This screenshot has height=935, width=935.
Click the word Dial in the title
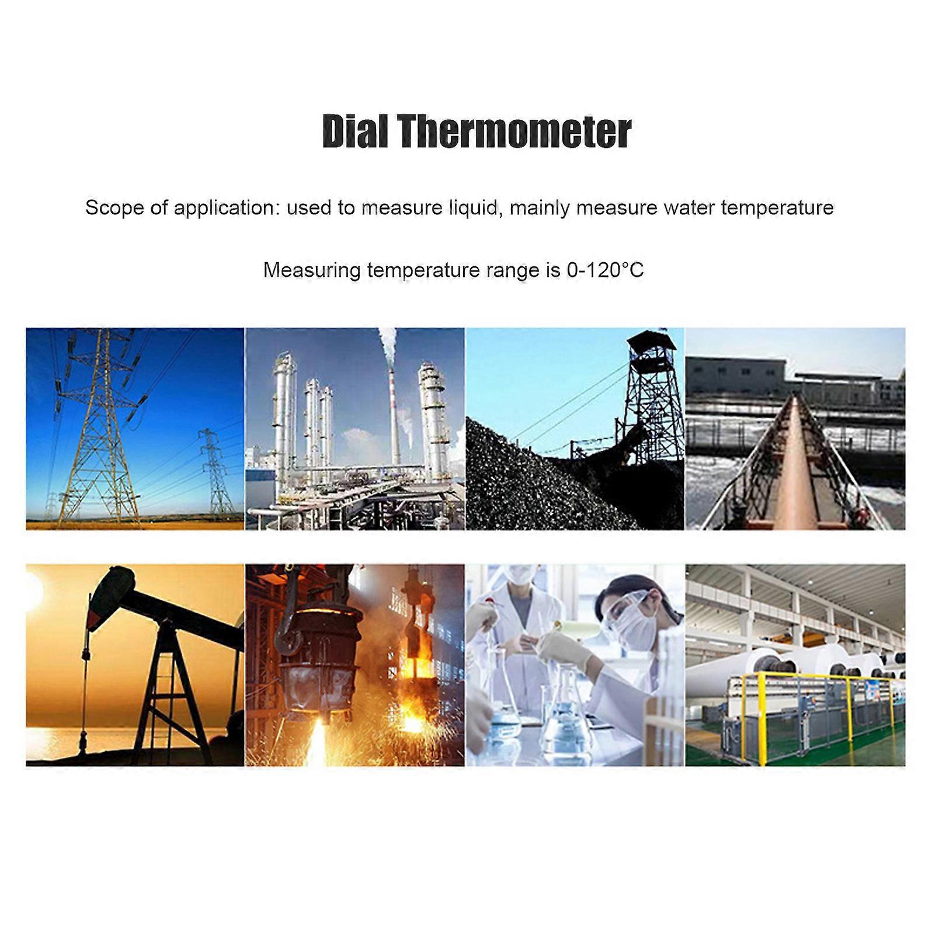pos(355,132)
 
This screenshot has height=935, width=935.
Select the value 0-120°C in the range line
pos(605,270)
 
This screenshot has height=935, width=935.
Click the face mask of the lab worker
pos(634,628)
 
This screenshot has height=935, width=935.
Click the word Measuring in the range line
pos(312,270)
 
